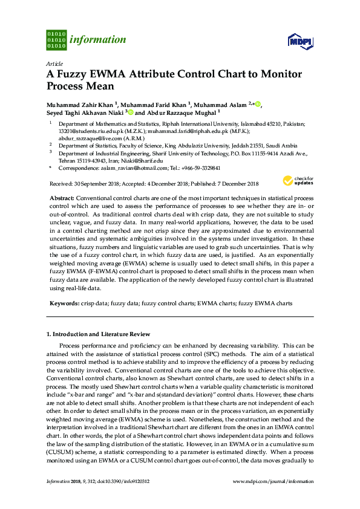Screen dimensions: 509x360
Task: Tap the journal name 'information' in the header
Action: (98, 40)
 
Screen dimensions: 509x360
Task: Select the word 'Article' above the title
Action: (54, 63)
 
